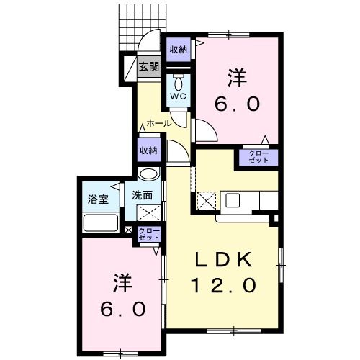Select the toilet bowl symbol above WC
(178, 81)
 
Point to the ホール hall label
(158, 123)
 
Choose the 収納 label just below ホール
(148, 150)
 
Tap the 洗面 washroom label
(142, 194)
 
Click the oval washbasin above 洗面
(148, 174)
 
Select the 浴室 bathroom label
(98, 199)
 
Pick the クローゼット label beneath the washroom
(149, 233)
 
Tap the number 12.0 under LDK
(224, 286)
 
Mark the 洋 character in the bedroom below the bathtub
(120, 282)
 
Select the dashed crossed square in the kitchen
(207, 199)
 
